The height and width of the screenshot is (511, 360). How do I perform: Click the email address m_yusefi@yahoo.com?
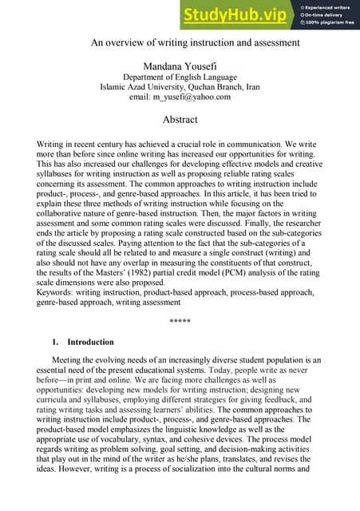[180, 97]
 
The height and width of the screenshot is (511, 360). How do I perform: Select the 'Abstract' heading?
[180, 120]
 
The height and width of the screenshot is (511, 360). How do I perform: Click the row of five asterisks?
[180, 321]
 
